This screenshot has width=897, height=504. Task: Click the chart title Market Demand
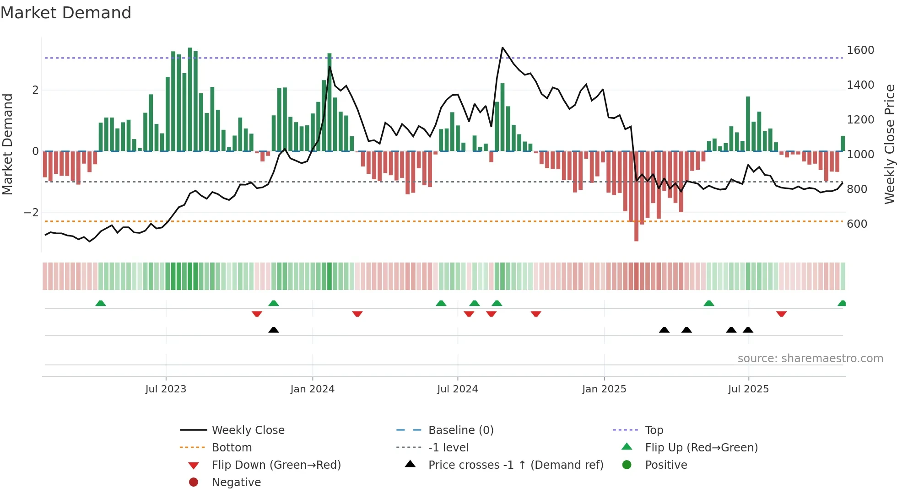(x=66, y=13)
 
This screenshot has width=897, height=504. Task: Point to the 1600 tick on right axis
(x=860, y=50)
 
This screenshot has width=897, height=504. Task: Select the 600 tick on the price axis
(x=857, y=224)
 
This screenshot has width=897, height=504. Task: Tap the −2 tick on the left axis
(x=31, y=213)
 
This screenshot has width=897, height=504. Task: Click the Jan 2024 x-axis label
(x=312, y=389)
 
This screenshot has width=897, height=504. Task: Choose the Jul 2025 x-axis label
(x=748, y=389)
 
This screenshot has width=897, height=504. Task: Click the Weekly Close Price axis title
(x=889, y=144)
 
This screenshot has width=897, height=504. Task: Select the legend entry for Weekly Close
(x=248, y=430)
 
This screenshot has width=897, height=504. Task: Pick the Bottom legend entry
(x=232, y=448)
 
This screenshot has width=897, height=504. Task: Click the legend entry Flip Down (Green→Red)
(x=276, y=465)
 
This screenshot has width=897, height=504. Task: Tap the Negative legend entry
(x=236, y=483)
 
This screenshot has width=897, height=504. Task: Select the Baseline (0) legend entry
(x=460, y=430)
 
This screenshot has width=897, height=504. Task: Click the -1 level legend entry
(x=448, y=448)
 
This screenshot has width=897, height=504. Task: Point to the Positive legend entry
(x=666, y=465)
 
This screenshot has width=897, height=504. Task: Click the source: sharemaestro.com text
(x=810, y=359)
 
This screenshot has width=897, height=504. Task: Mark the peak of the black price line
(x=503, y=48)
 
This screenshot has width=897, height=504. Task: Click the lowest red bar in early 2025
(x=636, y=238)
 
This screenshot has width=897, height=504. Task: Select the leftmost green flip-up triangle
(x=101, y=303)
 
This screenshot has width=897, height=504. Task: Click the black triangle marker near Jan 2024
(x=274, y=330)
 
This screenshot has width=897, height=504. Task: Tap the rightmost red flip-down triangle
(x=781, y=314)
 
